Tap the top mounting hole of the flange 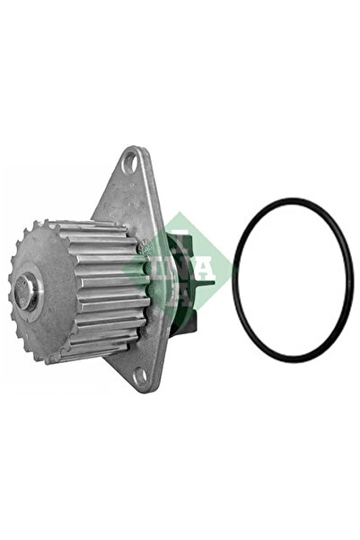pos(132,163)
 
